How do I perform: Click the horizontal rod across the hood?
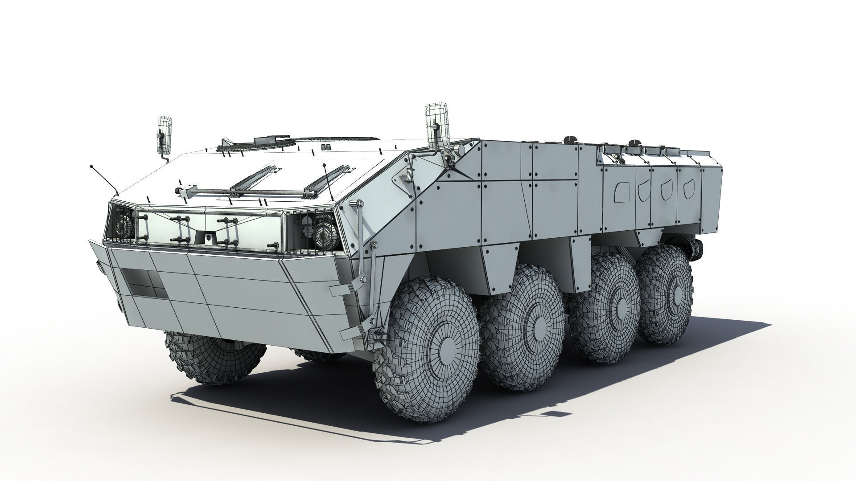245,192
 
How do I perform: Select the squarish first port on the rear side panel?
621,191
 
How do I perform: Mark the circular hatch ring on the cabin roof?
259,143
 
